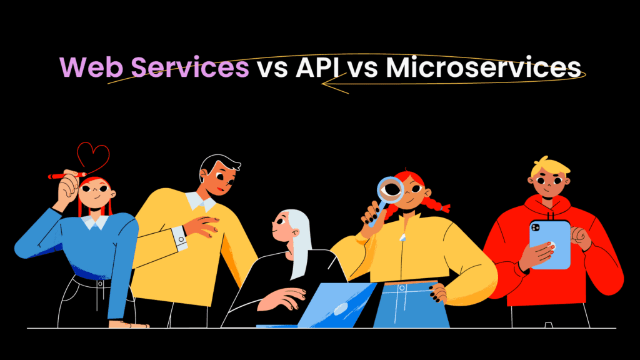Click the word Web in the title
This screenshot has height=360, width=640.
[x=87, y=67]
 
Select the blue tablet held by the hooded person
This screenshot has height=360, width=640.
[x=549, y=243]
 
